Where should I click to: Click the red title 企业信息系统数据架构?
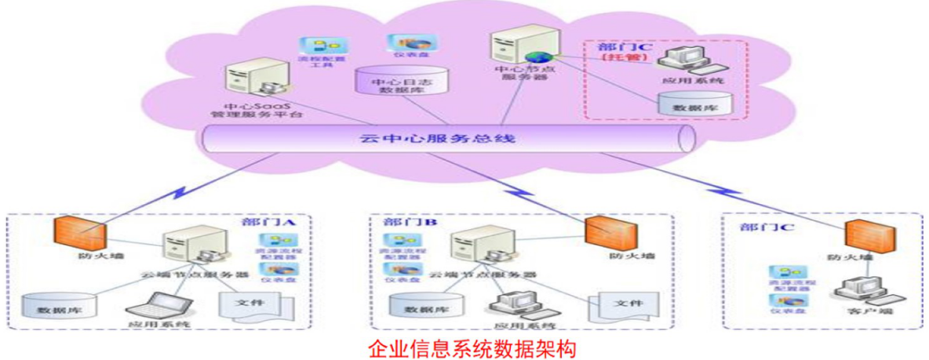point(466,347)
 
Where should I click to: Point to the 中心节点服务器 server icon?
point(514,48)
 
